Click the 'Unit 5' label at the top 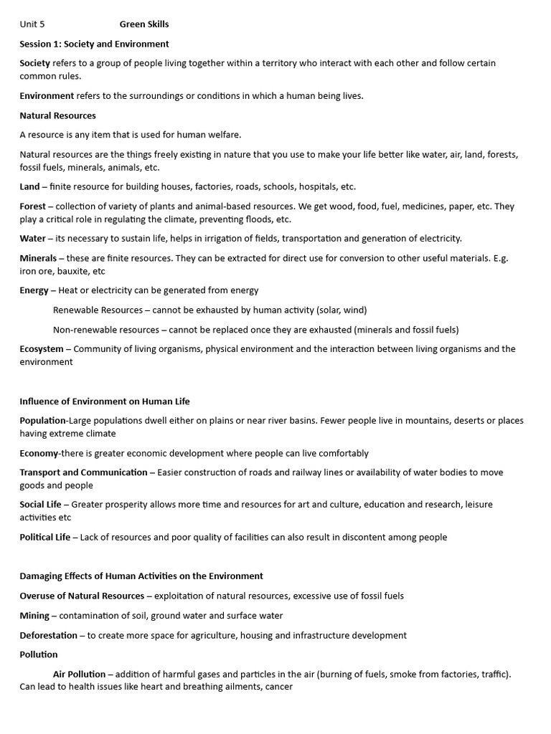pos(32,24)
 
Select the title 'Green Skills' pos(144,24)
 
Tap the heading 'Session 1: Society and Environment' pos(94,44)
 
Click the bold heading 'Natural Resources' pos(57,115)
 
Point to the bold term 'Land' pos(29,186)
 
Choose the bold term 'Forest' pos(33,206)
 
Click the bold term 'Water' pos(32,239)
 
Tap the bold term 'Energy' pos(34,290)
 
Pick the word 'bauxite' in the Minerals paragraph pos(70,271)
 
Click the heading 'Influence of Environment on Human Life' pos(105,401)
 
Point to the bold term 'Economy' pos(39,453)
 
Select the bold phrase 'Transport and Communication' pos(83,472)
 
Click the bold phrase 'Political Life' pos(44,537)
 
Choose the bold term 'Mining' pos(34,616)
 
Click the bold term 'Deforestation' pos(48,635)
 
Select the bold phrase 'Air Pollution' pos(79,675)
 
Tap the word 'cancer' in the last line pos(278,687)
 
